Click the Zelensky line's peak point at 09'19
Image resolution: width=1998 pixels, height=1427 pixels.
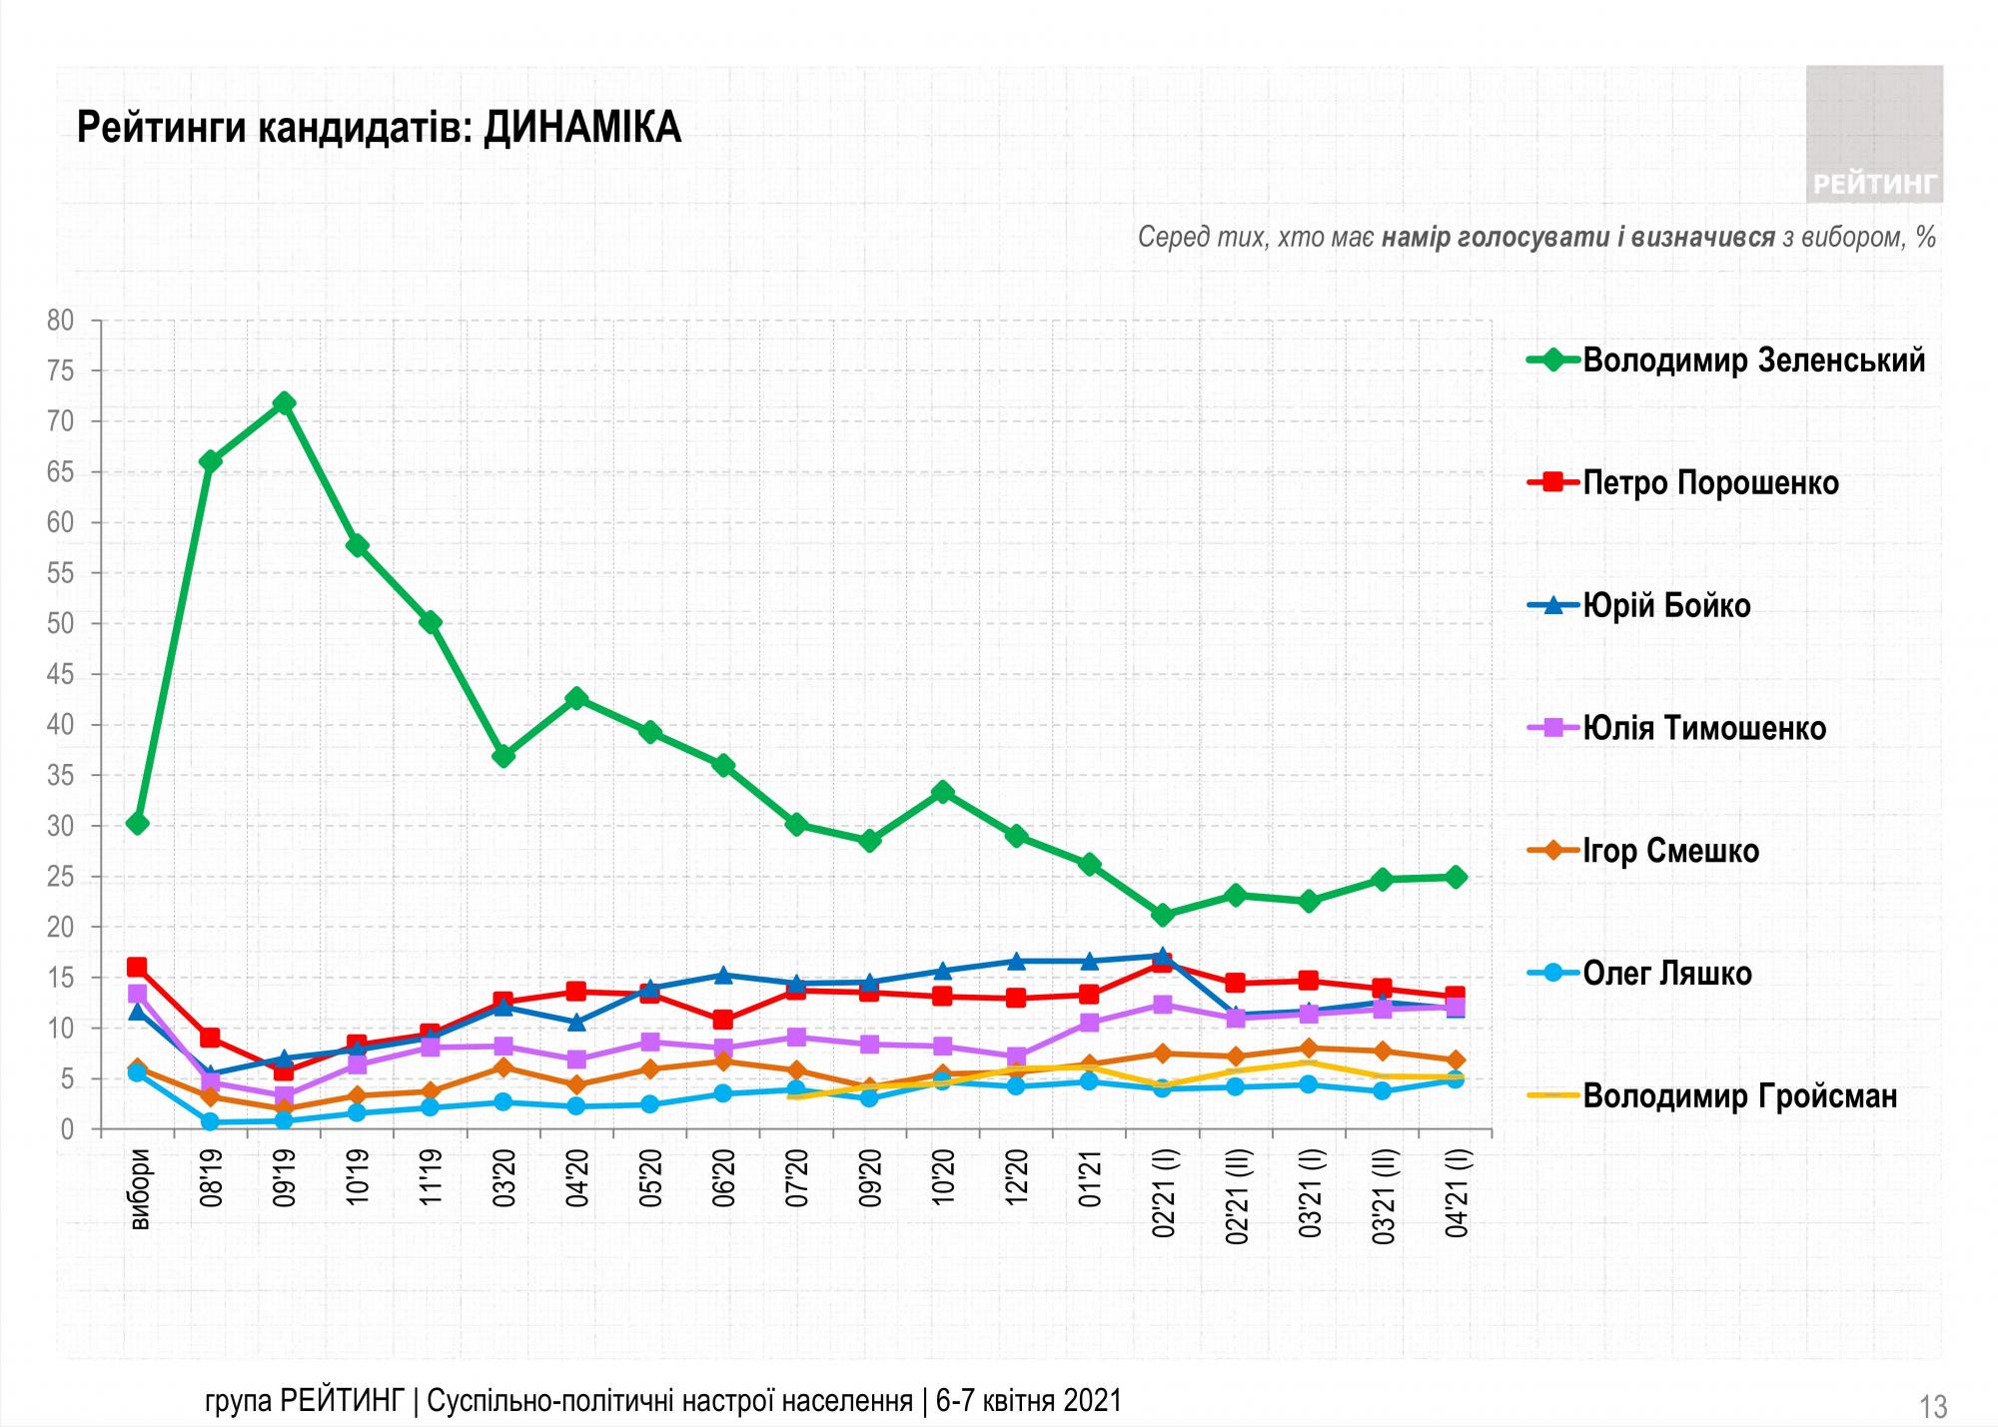pyautogui.click(x=284, y=403)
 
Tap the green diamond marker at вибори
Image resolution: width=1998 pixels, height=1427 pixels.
pyautogui.click(x=138, y=823)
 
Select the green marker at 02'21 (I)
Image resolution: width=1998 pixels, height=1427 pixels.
pyautogui.click(x=1162, y=915)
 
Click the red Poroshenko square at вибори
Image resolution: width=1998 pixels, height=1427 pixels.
pyautogui.click(x=137, y=967)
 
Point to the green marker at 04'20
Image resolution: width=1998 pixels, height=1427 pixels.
pyautogui.click(x=576, y=698)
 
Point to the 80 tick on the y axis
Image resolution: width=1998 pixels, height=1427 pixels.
pyautogui.click(x=62, y=321)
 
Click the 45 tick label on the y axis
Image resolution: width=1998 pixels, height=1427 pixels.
pyautogui.click(x=62, y=675)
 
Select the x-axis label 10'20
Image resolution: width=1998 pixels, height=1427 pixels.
pyautogui.click(x=942, y=1179)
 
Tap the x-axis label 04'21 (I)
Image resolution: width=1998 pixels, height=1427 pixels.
pyautogui.click(x=1456, y=1194)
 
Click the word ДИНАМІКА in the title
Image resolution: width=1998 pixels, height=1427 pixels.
pyautogui.click(x=582, y=129)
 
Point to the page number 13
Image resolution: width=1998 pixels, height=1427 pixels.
pyautogui.click(x=1933, y=1407)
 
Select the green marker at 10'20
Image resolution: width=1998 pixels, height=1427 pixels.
pyautogui.click(x=942, y=792)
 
